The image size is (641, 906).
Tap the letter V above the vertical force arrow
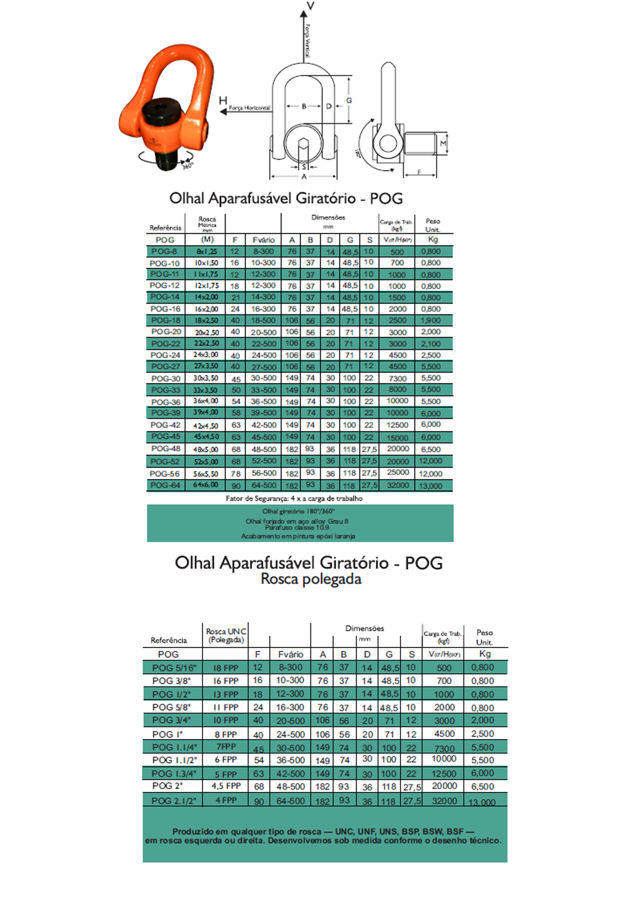(x=311, y=6)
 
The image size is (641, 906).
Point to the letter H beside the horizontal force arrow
(x=223, y=101)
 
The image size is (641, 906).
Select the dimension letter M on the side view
(x=443, y=143)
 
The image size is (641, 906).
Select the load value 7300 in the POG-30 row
(x=397, y=378)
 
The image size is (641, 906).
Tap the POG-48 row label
(x=165, y=449)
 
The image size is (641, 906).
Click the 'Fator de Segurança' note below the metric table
(x=294, y=498)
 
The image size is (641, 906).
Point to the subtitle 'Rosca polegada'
(x=311, y=579)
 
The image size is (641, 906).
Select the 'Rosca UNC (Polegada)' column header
(x=226, y=635)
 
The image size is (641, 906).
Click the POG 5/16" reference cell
(x=171, y=668)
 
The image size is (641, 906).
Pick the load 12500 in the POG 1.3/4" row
(x=444, y=774)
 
